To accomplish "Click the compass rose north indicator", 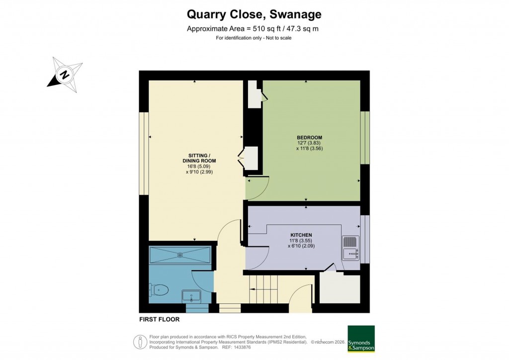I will click(64, 76).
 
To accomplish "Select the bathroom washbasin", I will click(191, 296).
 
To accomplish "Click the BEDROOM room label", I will click(309, 138).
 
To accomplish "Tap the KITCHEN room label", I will click(301, 235).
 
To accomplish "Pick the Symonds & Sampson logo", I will click(361, 339).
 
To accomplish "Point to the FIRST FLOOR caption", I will click(160, 319).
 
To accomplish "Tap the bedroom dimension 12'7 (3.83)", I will click(309, 143).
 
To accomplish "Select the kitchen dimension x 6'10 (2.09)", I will click(301, 246).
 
